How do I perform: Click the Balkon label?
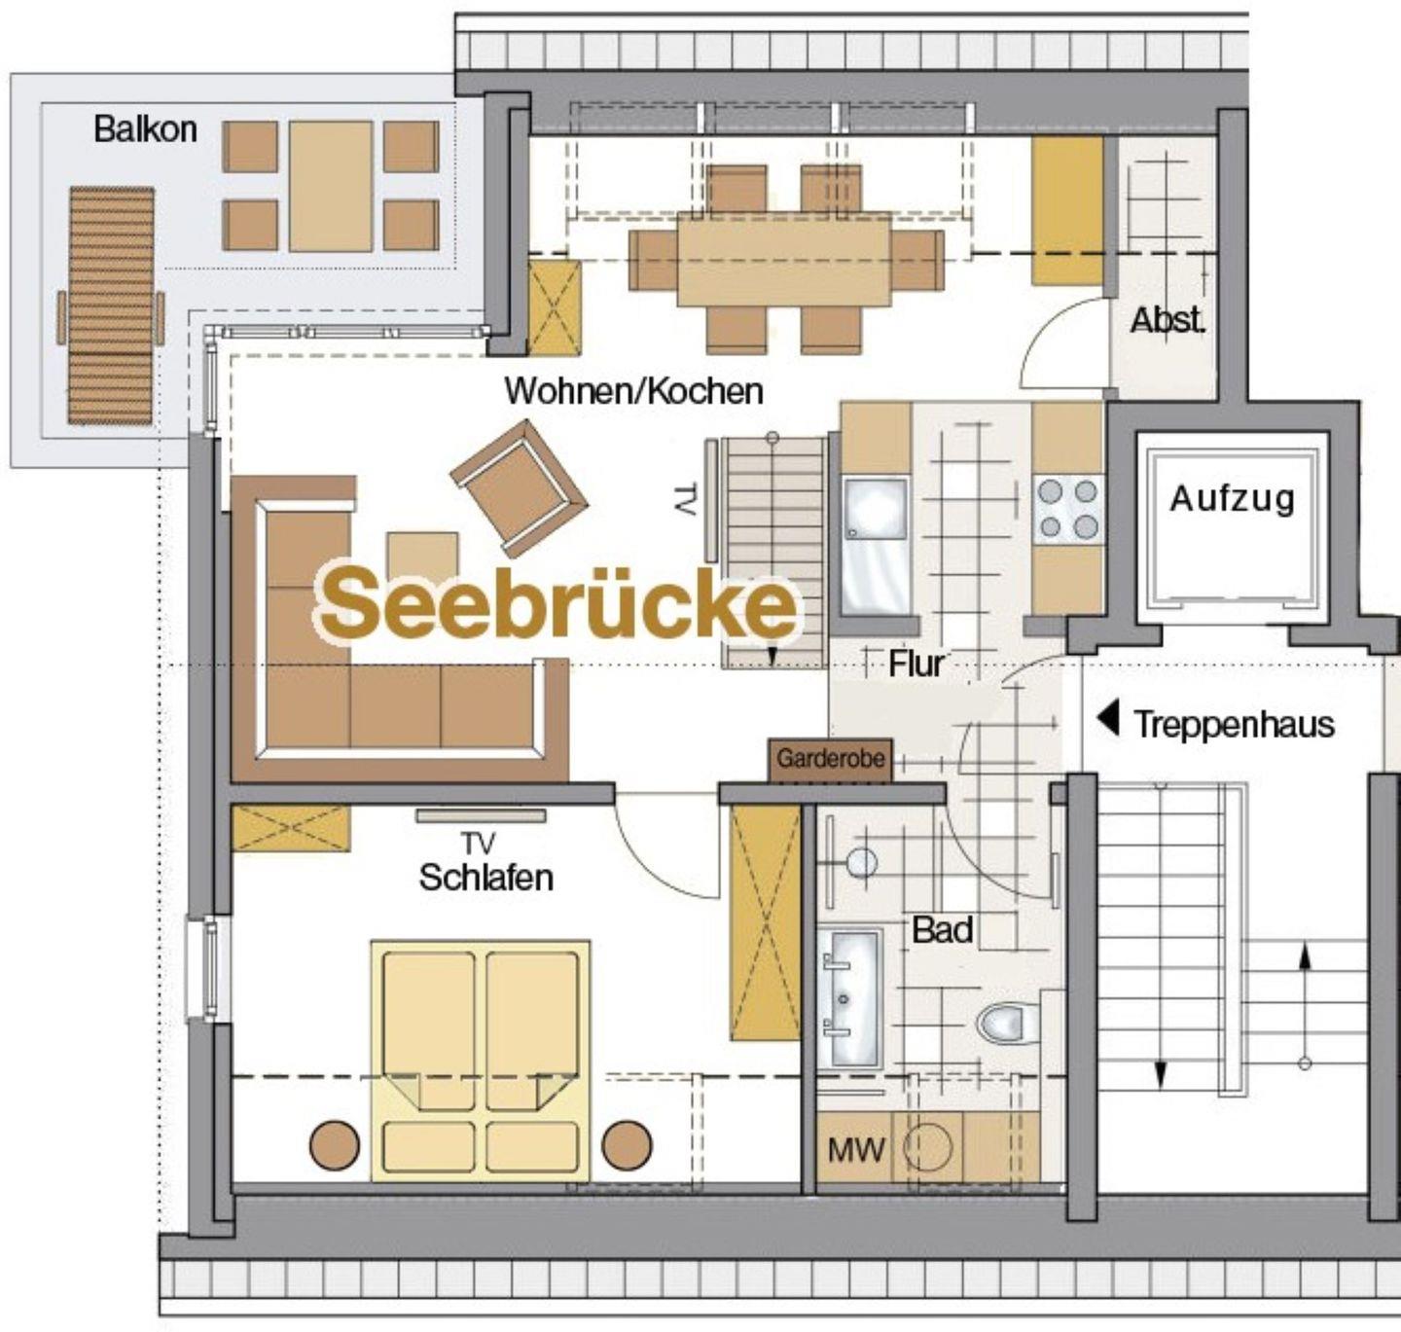145,130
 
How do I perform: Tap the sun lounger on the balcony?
111,306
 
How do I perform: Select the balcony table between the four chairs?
331,186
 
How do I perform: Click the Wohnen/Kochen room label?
634,391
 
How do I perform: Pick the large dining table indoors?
784,260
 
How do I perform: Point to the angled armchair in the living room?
521,488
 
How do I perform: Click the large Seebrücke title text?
557,606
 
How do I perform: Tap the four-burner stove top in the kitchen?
1067,509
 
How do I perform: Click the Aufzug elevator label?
1233,499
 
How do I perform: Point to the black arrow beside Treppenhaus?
1108,719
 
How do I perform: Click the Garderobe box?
830,759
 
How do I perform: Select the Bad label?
943,930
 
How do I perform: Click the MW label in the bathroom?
856,1149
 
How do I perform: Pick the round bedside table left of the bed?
335,1144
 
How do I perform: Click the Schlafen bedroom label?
486,878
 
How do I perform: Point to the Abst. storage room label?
1167,321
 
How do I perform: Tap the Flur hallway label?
916,664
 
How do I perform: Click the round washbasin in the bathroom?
862,863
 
